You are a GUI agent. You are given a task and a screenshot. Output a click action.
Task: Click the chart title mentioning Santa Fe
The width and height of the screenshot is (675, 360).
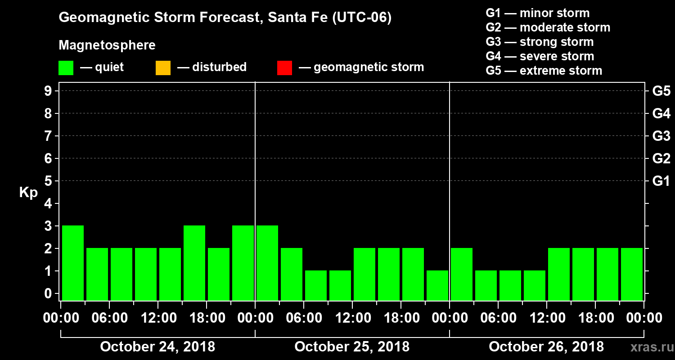225,18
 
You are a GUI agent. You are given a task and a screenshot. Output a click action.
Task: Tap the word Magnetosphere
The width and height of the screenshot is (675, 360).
107,45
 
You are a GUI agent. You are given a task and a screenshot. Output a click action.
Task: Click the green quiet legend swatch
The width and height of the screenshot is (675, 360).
66,67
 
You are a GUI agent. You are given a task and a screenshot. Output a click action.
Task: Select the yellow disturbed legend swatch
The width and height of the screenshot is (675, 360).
163,67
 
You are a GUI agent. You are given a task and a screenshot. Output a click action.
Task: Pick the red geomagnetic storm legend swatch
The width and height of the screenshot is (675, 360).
284,67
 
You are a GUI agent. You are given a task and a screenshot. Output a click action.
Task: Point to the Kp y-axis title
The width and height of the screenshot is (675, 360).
28,193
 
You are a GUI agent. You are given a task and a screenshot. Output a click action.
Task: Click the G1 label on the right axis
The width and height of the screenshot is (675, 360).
661,181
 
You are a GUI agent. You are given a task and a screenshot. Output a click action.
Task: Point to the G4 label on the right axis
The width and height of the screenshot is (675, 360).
661,114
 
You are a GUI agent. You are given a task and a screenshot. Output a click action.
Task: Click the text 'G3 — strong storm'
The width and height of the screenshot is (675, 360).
540,42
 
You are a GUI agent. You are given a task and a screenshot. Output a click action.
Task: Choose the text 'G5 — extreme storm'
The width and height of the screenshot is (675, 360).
544,71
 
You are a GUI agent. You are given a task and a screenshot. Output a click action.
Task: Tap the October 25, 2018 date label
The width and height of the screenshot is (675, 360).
352,347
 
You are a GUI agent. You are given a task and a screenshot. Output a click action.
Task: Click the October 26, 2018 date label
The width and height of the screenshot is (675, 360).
546,347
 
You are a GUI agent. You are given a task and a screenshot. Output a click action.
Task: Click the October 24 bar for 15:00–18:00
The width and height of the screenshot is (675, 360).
194,263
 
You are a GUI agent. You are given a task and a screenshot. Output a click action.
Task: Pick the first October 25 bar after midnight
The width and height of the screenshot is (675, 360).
267,263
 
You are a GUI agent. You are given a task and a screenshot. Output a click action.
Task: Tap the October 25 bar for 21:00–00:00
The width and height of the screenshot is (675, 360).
437,285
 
